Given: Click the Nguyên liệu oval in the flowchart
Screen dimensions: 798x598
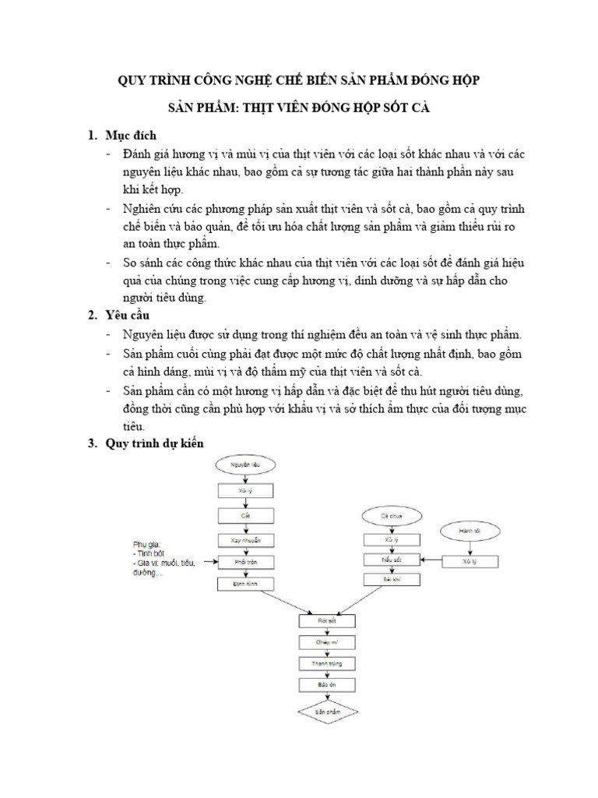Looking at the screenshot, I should pos(242,466).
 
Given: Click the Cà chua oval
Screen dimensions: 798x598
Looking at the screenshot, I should pos(391,516).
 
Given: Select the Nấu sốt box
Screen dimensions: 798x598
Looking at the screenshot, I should pos(391,560).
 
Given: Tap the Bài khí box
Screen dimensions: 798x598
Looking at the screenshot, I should pos(391,581).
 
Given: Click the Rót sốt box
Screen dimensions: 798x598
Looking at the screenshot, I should pos(327,621).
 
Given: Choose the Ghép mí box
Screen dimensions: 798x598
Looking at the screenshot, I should pos(327,642).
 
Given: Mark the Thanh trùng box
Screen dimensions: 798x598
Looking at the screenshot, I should pos(327,664).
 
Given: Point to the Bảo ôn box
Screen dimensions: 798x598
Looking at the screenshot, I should pos(327,685).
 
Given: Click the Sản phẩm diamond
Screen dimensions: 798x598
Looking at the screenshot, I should pos(327,711).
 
